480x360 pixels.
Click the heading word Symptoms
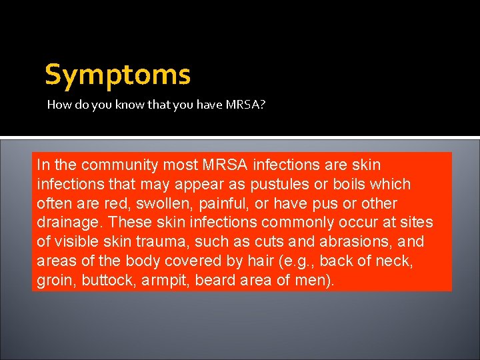point(117,75)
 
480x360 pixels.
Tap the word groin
point(55,281)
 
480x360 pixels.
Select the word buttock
point(109,281)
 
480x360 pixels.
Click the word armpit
point(165,281)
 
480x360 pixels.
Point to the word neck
point(397,261)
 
